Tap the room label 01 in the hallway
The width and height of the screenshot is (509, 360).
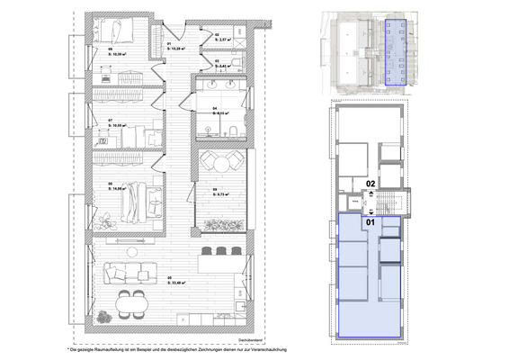pos(171,43)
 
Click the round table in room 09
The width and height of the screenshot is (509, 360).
pos(217,162)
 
